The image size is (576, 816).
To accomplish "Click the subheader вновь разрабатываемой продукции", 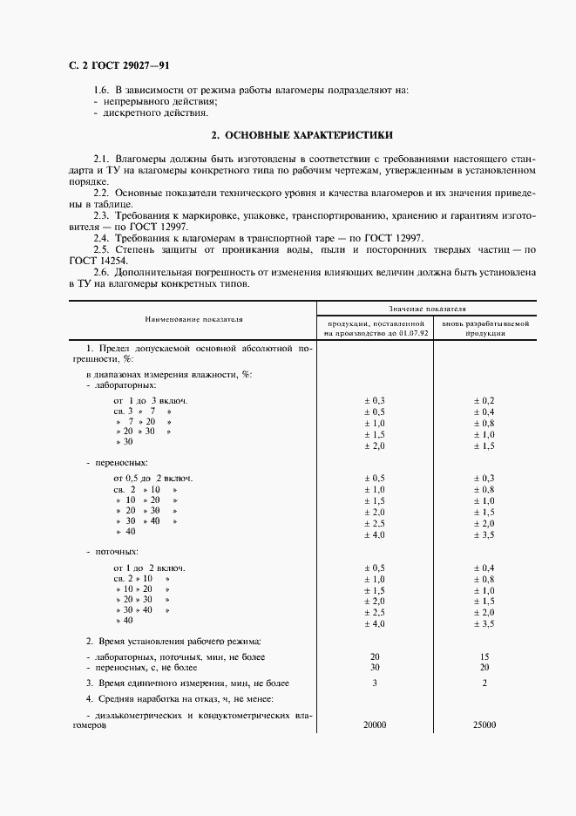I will (485, 328).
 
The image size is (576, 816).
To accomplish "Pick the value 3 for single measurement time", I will (375, 683).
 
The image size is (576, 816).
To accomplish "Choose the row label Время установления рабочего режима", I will (179, 641).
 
